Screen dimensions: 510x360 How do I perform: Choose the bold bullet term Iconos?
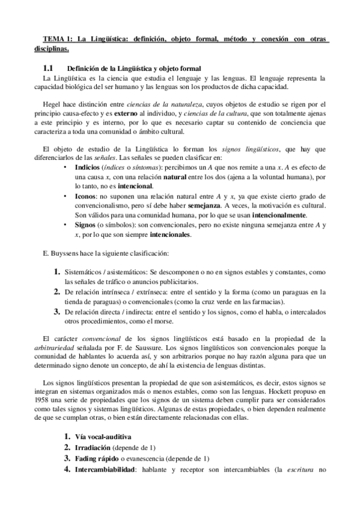coord(85,196)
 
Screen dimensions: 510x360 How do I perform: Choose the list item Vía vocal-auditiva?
coord(102,437)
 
